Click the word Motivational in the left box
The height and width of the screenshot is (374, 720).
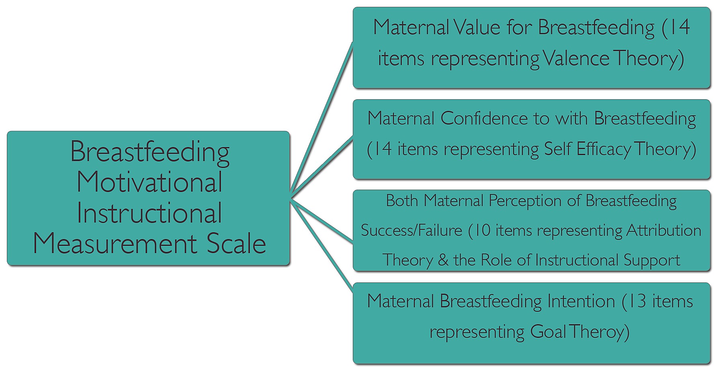149,182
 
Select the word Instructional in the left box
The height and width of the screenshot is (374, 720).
149,213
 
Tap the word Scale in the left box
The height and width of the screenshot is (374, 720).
236,243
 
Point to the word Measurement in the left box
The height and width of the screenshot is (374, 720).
115,243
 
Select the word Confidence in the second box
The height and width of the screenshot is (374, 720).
483,118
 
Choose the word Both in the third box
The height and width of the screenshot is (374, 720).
402,200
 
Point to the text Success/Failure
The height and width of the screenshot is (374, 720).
411,231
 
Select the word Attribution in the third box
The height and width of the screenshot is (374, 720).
664,231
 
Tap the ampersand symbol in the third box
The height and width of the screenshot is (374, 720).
443,260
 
